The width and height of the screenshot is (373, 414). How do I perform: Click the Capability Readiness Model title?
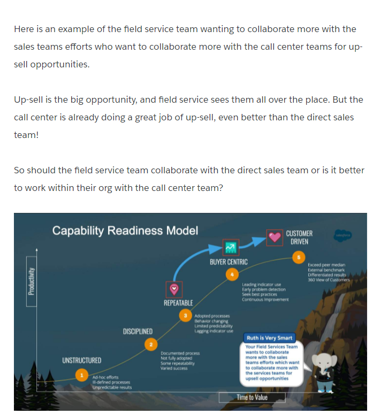coord(125,231)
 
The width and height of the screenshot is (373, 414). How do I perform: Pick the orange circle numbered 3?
coord(185,316)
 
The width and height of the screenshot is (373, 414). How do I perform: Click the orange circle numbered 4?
coord(232,274)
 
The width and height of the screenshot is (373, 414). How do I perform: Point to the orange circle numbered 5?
coord(299,257)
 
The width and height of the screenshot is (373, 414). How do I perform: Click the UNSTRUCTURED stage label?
coord(82,360)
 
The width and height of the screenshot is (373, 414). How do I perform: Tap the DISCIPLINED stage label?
coord(138,332)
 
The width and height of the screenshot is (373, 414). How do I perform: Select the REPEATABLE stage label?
coord(178,303)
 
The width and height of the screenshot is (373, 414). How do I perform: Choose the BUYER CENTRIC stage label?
coord(229,262)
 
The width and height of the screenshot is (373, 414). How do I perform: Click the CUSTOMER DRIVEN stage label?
coord(299,237)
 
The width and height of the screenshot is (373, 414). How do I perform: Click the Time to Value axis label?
coord(252,397)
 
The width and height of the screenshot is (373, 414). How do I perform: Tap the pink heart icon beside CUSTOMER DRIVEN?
coord(275,237)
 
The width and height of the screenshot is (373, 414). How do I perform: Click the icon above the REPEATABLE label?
coord(174,289)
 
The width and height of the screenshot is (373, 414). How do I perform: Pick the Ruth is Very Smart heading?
coord(269,338)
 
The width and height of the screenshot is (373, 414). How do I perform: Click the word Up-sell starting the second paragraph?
coord(28,100)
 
